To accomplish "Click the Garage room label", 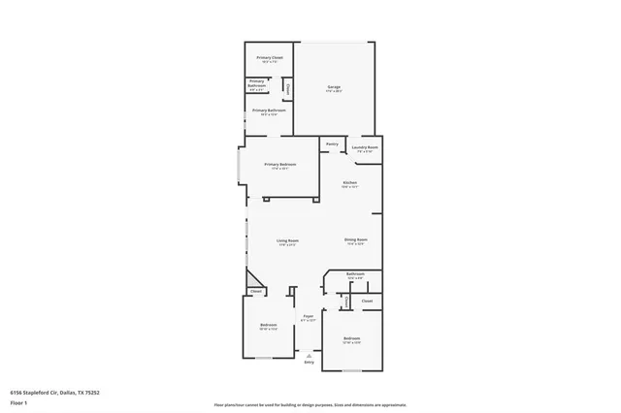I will pyautogui.click(x=333, y=88).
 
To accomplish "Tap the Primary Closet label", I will pyautogui.click(x=270, y=59).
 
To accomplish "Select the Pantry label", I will pyautogui.click(x=332, y=144).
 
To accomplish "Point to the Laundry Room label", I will pyautogui.click(x=365, y=148).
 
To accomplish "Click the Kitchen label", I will pyautogui.click(x=349, y=183).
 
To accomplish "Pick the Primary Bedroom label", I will pyautogui.click(x=280, y=166).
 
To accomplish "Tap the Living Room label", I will pyautogui.click(x=287, y=241).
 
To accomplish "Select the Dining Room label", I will pyautogui.click(x=355, y=240).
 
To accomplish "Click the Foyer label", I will pyautogui.click(x=308, y=317).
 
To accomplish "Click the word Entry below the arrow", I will pyautogui.click(x=309, y=362).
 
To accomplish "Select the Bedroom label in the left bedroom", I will pyautogui.click(x=268, y=326).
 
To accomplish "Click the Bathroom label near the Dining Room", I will pyautogui.click(x=355, y=274).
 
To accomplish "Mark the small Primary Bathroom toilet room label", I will pyautogui.click(x=256, y=84).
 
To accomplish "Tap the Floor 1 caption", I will pyautogui.click(x=17, y=399).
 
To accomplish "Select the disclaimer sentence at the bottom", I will pyautogui.click(x=310, y=404).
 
